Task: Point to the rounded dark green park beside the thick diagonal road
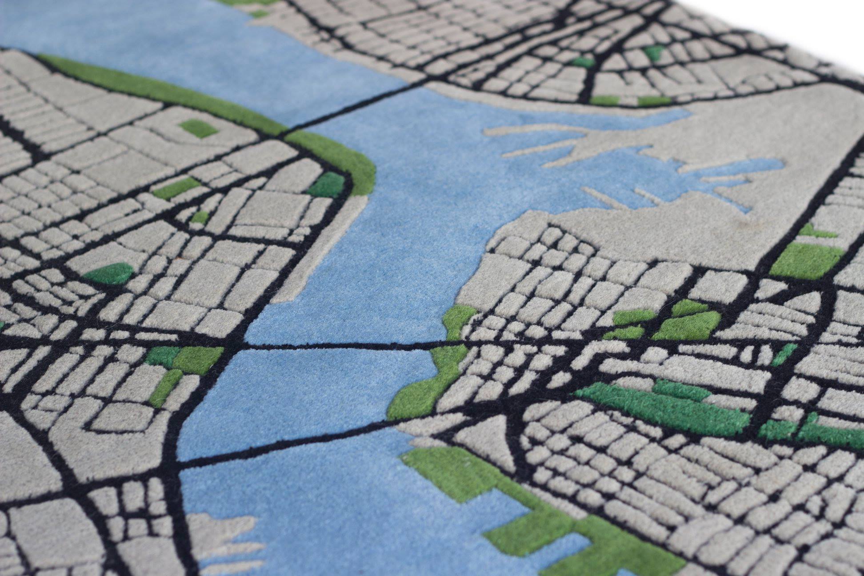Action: pos(109,273)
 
